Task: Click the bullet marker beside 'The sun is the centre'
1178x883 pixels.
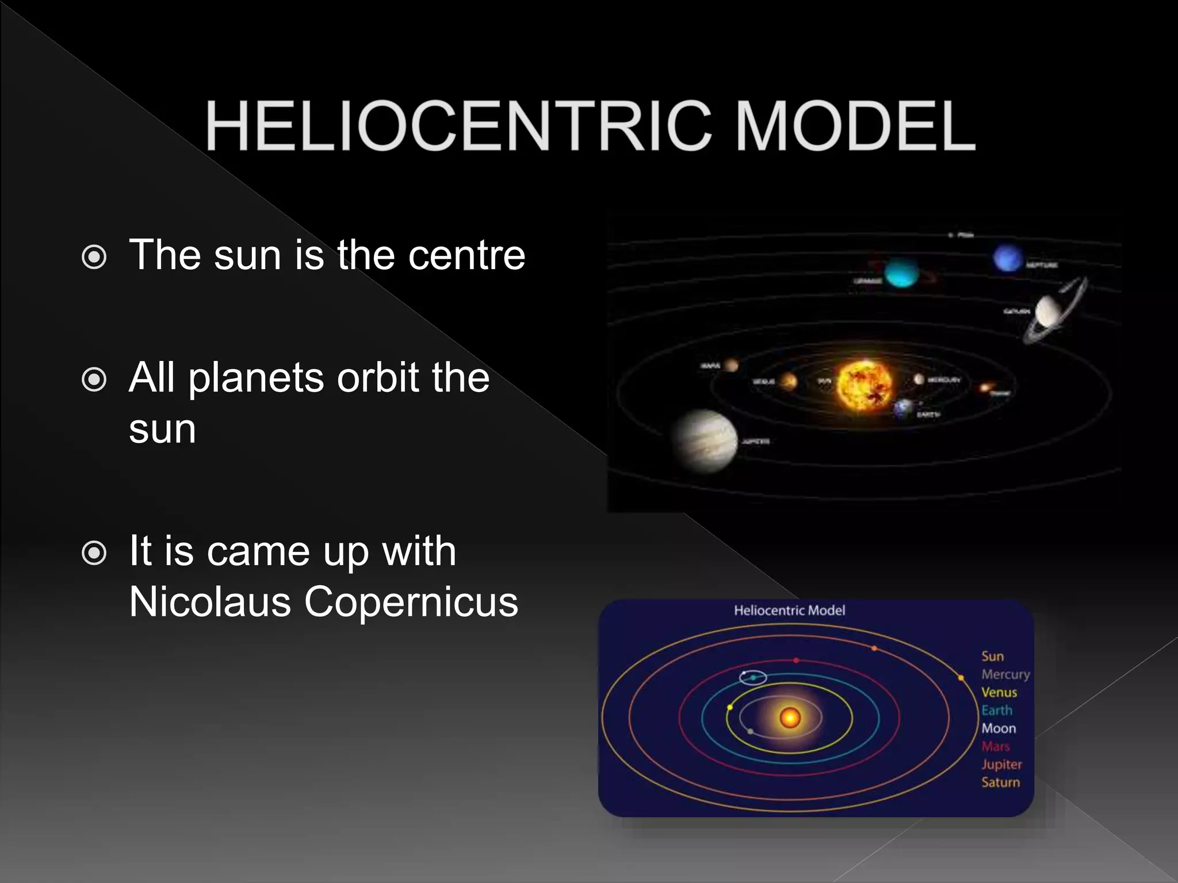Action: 94,257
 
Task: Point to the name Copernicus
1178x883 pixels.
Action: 411,602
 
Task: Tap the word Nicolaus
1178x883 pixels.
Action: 209,602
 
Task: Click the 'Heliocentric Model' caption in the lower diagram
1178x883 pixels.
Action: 789,611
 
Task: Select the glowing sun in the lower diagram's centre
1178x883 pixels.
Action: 790,717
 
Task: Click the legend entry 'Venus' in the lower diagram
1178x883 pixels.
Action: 999,693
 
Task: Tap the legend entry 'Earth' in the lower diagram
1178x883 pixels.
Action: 997,711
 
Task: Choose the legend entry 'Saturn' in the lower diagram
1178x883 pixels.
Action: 1000,782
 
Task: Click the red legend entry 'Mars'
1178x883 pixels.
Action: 996,747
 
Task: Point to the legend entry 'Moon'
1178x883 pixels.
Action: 999,728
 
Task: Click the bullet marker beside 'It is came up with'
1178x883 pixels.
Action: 94,554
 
